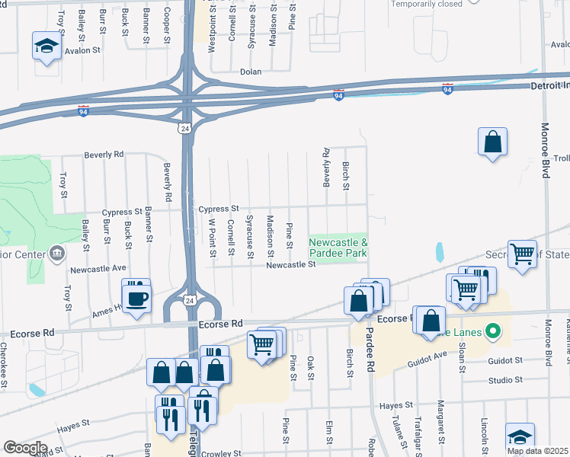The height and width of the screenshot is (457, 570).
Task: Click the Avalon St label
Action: (x=82, y=51)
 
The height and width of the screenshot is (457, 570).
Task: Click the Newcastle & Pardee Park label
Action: (x=338, y=247)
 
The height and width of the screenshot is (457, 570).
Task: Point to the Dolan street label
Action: (x=251, y=72)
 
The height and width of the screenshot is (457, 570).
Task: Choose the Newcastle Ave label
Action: (x=98, y=269)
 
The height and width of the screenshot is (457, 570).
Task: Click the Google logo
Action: (x=25, y=448)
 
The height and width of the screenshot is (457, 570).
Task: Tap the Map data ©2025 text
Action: (x=537, y=451)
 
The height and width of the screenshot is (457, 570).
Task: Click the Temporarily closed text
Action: (x=427, y=4)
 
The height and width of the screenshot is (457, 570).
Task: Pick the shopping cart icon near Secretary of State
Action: (x=522, y=254)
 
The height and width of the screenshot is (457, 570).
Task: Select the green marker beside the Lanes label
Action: (x=493, y=331)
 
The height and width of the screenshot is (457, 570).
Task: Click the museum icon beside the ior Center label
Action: (x=56, y=253)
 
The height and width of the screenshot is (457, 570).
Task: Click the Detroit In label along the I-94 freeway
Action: (x=549, y=87)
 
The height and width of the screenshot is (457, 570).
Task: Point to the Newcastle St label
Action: (x=290, y=264)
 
